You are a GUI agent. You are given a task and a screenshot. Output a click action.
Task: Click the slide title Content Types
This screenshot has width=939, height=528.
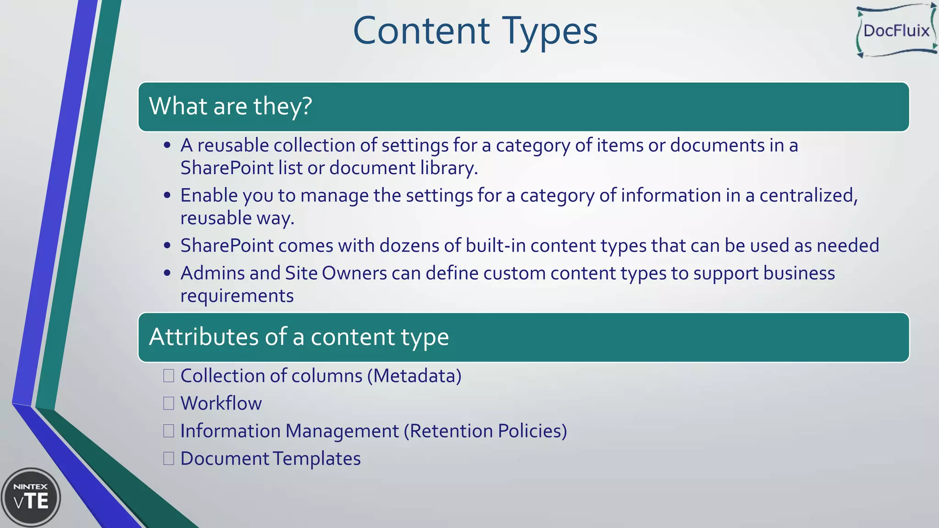[x=475, y=31]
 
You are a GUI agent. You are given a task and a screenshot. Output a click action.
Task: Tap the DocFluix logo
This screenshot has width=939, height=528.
[x=896, y=31]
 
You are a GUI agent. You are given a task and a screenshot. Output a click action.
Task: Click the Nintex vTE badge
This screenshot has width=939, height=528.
[x=31, y=498]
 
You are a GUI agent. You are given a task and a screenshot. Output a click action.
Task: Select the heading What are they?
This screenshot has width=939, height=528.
[x=231, y=106]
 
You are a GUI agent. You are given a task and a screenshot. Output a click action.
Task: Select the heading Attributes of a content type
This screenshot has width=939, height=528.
[x=299, y=337]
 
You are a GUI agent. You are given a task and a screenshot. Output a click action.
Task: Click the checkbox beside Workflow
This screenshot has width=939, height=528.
[x=169, y=403]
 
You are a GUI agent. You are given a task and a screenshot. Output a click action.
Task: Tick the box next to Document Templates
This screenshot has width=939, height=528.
[x=169, y=458]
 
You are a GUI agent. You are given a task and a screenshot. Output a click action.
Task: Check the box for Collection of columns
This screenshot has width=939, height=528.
[x=169, y=376]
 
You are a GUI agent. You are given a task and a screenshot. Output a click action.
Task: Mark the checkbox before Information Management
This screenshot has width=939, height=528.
[x=169, y=431]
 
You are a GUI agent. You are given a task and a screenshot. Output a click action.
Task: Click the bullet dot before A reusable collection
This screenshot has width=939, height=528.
[x=167, y=146]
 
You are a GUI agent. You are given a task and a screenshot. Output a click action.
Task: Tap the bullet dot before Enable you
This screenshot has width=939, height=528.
[x=167, y=196]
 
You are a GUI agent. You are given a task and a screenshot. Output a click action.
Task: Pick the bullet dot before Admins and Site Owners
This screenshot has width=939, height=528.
[x=167, y=274]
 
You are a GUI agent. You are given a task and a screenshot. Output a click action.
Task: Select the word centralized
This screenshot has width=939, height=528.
[x=808, y=196]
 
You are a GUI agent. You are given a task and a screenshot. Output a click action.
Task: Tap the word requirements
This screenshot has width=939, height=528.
[x=237, y=296]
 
